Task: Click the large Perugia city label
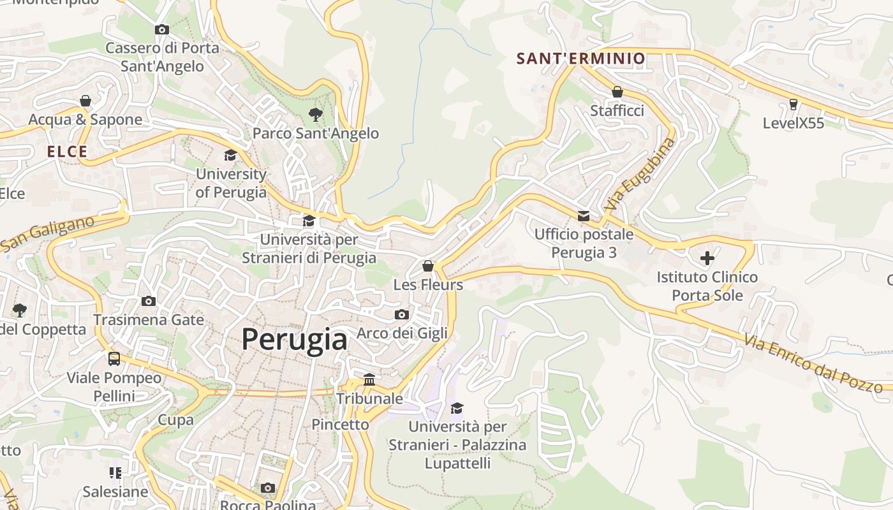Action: pos(294,339)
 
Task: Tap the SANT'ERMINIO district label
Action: pos(580,59)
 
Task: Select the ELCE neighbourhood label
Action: pos(67,152)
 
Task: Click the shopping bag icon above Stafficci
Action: pos(617,92)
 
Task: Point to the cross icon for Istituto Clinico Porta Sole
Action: pos(707,258)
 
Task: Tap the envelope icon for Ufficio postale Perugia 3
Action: pos(584,216)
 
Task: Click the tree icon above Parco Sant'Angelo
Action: pos(315,115)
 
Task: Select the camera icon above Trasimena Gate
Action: pos(149,301)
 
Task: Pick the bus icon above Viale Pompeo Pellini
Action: pos(114,359)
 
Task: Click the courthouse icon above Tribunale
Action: pos(369,379)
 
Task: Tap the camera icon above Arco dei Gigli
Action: pos(402,314)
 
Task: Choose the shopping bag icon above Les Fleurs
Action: pos(428,265)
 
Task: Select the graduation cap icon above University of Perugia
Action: pos(230,155)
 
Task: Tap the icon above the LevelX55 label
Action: pos(793,104)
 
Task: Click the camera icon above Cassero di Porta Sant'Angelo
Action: pos(162,29)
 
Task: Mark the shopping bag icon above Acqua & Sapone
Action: pos(85,101)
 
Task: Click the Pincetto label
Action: pos(340,424)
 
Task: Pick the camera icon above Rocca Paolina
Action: pos(268,488)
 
